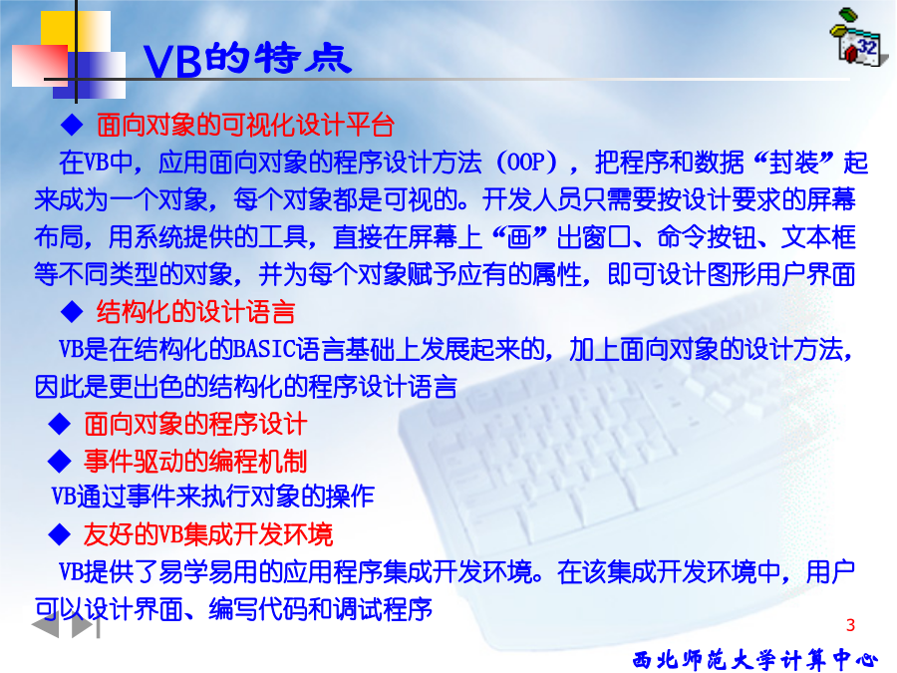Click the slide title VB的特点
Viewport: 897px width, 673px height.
[x=247, y=59]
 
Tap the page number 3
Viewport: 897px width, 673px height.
[x=850, y=625]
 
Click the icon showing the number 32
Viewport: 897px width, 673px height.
[x=859, y=38]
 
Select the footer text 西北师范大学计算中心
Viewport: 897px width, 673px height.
[x=755, y=660]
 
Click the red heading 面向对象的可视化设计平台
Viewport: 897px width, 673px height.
[x=245, y=125]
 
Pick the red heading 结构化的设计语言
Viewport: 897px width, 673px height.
[x=195, y=312]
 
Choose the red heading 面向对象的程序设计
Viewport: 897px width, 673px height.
[x=195, y=424]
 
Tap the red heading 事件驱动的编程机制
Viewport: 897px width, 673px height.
[x=195, y=462]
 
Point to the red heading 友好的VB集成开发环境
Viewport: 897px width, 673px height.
[x=208, y=534]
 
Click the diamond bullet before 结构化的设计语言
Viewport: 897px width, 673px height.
[x=72, y=312]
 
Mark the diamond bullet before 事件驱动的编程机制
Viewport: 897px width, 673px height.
[x=60, y=462]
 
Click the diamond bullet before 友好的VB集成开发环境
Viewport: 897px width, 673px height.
[x=60, y=534]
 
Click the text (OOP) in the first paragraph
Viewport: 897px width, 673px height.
[x=527, y=163]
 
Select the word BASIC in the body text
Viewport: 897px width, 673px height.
[x=265, y=349]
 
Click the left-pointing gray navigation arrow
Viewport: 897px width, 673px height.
[x=45, y=627]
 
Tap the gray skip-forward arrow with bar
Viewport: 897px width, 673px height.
[x=86, y=627]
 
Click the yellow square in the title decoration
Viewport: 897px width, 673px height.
[x=75, y=34]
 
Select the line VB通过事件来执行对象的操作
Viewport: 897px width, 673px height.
[x=213, y=497]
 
